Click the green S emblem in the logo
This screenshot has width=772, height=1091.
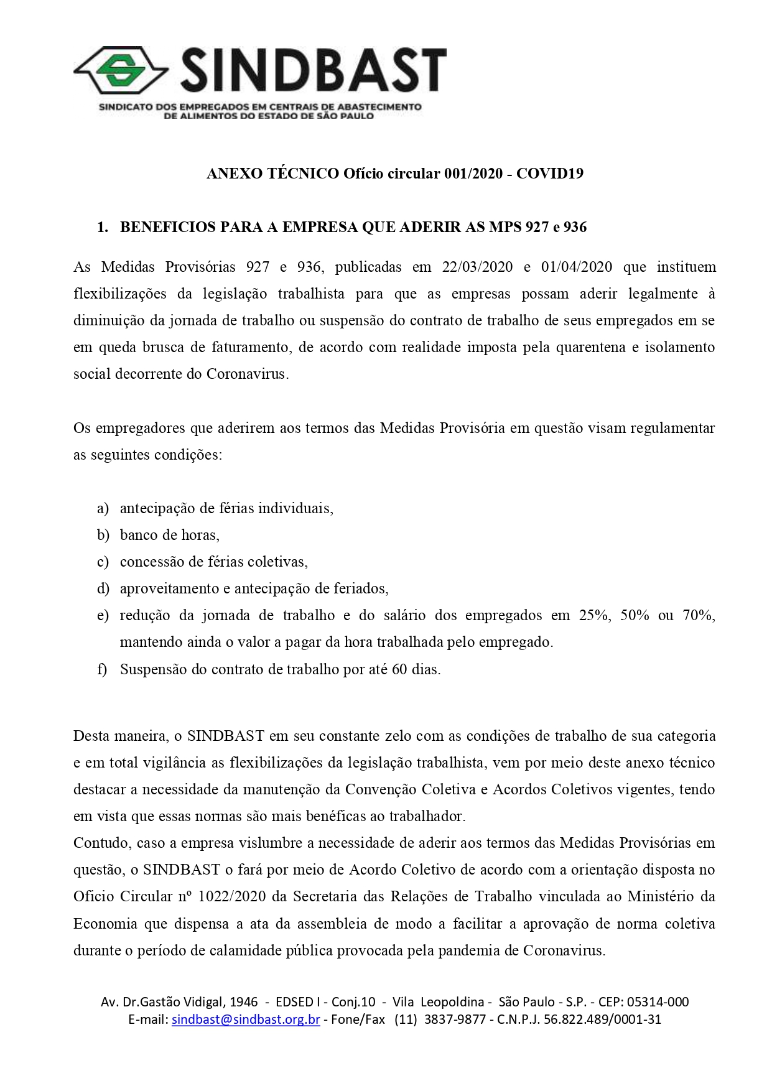click(x=121, y=70)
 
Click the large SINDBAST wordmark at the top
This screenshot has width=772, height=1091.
click(x=313, y=71)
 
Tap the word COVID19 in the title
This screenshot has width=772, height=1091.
click(x=550, y=174)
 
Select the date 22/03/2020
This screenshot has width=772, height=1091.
click(x=477, y=267)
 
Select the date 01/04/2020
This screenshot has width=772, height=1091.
click(x=577, y=267)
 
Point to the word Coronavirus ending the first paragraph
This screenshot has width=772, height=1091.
click(x=246, y=374)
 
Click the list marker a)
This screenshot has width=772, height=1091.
click(x=103, y=509)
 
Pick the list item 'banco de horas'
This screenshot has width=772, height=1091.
click(x=169, y=536)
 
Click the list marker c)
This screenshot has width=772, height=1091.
click(x=103, y=562)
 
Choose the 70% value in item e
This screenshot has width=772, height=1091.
click(x=698, y=616)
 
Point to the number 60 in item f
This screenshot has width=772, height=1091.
click(x=399, y=670)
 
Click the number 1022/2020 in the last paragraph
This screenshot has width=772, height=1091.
click(x=231, y=897)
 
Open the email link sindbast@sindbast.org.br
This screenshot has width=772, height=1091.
click(x=246, y=1019)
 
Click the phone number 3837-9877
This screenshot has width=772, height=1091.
click(x=455, y=1019)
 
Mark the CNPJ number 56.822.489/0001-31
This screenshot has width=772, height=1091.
click(x=602, y=1019)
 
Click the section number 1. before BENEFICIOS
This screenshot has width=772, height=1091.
click(x=103, y=228)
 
